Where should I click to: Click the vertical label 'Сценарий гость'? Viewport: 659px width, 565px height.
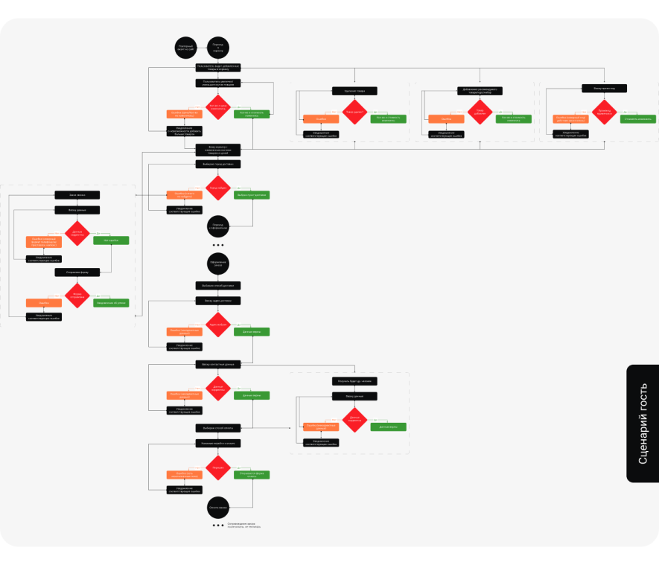click(643, 424)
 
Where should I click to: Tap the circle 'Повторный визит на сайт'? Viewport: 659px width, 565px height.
click(185, 47)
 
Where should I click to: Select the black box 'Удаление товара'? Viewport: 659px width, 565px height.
click(354, 91)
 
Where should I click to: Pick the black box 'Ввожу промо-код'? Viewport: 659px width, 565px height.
click(604, 88)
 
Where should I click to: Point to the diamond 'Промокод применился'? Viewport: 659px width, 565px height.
click(604, 112)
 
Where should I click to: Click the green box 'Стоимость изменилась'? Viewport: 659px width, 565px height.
click(638, 119)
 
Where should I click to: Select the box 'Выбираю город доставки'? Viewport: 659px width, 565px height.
click(217, 164)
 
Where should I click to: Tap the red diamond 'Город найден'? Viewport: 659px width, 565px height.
click(217, 188)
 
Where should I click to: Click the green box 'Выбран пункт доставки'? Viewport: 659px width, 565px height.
click(252, 195)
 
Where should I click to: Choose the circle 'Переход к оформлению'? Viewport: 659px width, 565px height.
click(217, 226)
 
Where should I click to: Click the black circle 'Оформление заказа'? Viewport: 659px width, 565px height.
click(217, 264)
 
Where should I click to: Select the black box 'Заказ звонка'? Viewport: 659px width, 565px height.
click(77, 195)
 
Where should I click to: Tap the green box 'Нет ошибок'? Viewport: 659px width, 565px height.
click(111, 240)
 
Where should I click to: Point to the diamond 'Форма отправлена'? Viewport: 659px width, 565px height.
click(77, 295)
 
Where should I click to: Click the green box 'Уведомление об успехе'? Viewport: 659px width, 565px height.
click(111, 303)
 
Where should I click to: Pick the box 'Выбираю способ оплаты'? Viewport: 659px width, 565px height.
click(217, 428)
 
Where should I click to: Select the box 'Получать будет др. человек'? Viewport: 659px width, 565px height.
click(354, 381)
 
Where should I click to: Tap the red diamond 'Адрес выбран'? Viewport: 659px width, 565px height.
click(217, 324)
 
